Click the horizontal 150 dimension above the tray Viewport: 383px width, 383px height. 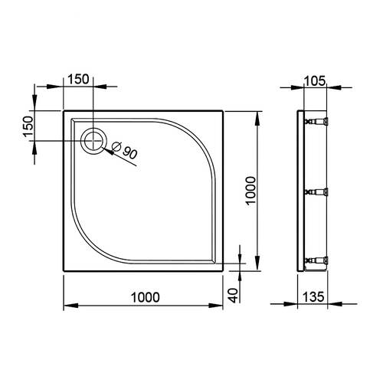click(78, 78)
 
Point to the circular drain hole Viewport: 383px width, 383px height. click(93, 140)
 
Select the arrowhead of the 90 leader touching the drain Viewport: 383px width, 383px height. click(104, 147)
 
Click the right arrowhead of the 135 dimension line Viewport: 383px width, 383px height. click(328, 306)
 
